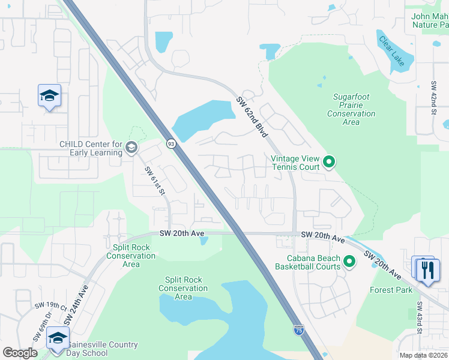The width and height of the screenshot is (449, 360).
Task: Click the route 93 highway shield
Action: tap(171, 144)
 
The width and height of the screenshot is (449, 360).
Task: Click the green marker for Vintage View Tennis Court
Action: tap(329, 161)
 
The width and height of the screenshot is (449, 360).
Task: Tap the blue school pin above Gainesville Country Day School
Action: tap(58, 337)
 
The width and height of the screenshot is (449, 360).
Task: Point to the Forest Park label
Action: tap(391, 290)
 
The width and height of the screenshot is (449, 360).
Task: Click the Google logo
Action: tap(20, 353)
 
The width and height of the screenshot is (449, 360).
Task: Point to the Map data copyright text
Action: tap(423, 355)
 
